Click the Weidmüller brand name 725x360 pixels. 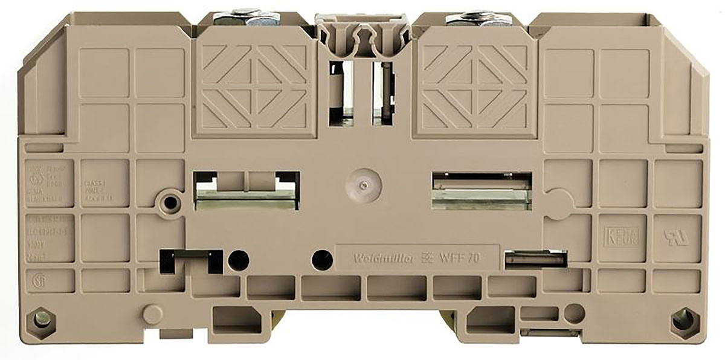[x=377, y=259]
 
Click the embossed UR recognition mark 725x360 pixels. [x=675, y=236]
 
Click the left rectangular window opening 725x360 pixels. [x=246, y=190]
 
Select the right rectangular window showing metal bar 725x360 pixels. [x=482, y=190]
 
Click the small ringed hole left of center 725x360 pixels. [x=170, y=202]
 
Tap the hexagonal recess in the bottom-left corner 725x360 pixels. [x=41, y=318]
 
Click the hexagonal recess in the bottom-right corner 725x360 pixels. [x=683, y=318]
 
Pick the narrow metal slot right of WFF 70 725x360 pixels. [x=535, y=259]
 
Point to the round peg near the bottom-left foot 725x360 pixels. [x=152, y=313]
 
